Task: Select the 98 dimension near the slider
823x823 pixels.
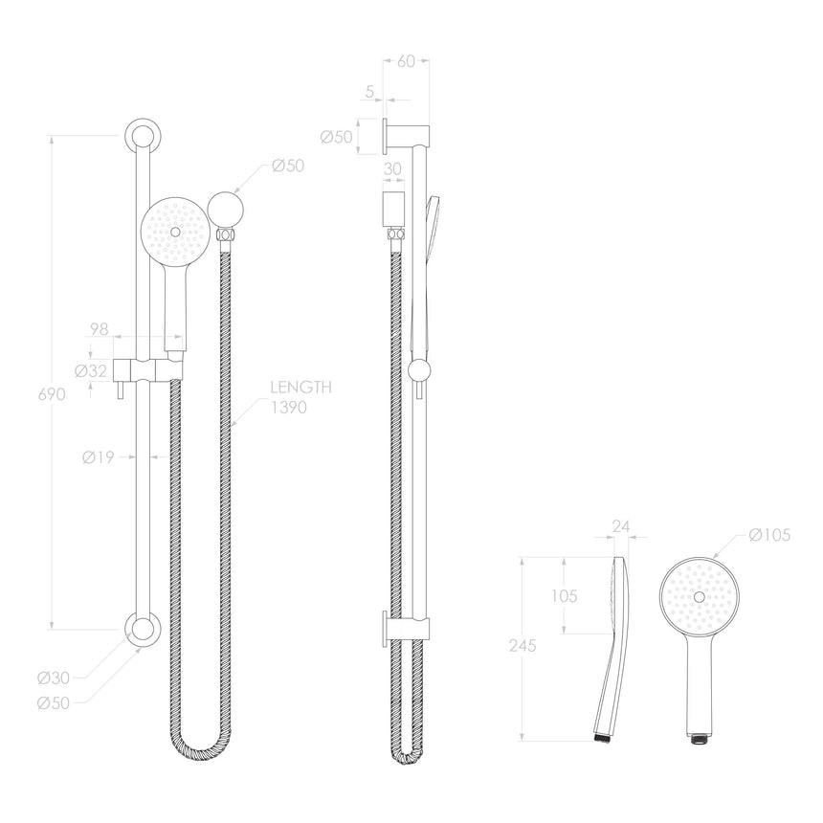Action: (99, 329)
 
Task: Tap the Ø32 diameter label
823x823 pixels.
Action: (92, 371)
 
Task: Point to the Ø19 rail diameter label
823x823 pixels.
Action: (98, 457)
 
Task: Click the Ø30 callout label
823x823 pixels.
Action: (54, 678)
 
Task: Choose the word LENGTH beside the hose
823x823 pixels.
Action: (300, 389)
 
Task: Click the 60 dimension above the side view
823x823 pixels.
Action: (405, 61)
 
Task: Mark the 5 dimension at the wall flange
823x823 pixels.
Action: (368, 93)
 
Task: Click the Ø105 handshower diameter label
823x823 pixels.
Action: (770, 535)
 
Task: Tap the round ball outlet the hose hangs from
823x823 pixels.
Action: (227, 206)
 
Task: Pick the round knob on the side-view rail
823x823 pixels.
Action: (418, 370)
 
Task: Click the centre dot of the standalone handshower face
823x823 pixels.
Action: (700, 596)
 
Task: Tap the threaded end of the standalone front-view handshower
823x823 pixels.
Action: (700, 739)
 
